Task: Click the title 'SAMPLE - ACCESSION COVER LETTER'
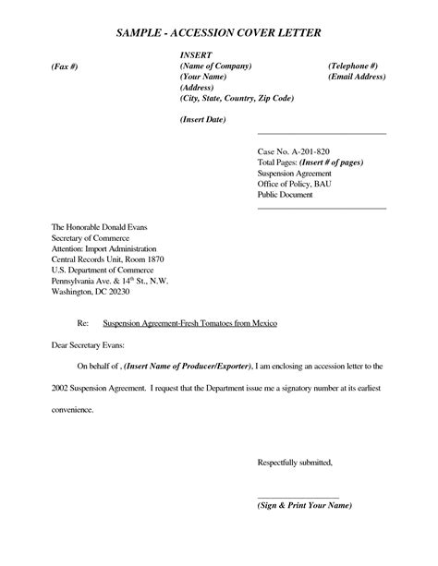[x=219, y=33]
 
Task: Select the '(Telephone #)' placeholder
[x=352, y=68]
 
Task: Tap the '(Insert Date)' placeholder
[x=202, y=120]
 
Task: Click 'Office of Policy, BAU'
[x=295, y=184]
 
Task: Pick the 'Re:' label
[x=82, y=325]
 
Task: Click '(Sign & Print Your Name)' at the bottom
[x=304, y=506]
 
